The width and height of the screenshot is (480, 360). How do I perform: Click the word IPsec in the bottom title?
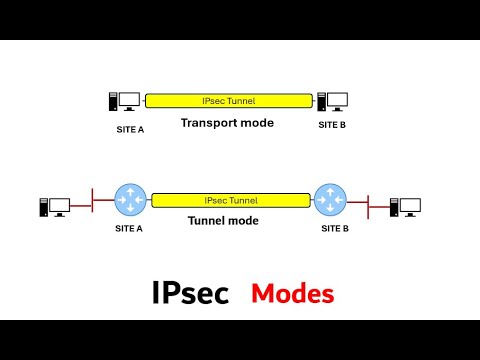[190, 293]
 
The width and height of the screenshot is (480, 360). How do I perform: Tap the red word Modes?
[292, 294]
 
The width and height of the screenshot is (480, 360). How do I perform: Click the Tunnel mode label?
[223, 220]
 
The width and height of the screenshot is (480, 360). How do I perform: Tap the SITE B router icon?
[329, 199]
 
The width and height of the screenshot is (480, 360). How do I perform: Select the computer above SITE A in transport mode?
[125, 101]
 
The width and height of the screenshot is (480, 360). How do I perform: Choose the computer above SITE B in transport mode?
[332, 101]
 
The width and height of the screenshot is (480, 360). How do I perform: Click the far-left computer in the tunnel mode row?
[54, 207]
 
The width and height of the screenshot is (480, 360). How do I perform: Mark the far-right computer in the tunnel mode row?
[405, 207]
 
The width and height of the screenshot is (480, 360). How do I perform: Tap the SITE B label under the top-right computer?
[333, 125]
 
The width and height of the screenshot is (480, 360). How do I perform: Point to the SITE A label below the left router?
[129, 228]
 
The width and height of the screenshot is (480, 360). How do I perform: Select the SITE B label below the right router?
[335, 228]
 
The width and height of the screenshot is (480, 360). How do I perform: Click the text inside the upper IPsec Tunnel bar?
[230, 100]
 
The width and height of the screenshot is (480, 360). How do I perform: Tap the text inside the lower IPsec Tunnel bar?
[231, 200]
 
